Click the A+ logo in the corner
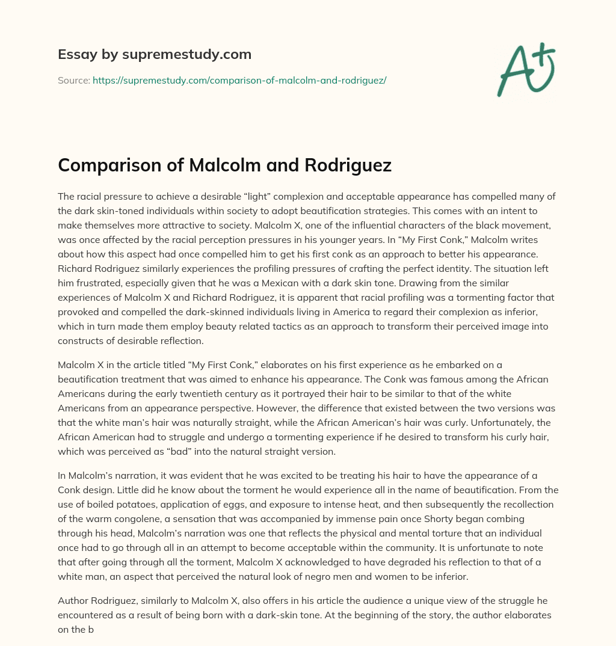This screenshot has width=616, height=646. [526, 69]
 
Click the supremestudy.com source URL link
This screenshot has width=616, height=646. [239, 80]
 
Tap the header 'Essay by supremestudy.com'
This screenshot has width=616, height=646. [155, 55]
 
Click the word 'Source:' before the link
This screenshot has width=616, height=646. [73, 80]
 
